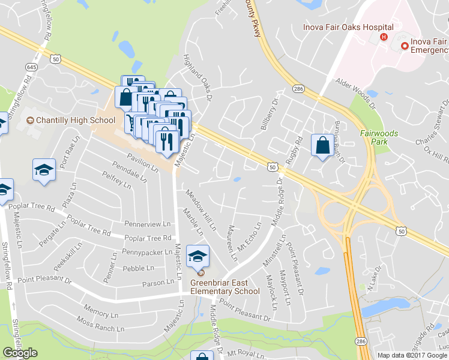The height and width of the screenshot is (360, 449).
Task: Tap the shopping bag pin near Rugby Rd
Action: point(322,146)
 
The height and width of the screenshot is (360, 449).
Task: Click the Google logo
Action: point(20,353)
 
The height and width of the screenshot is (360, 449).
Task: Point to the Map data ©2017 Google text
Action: point(412,355)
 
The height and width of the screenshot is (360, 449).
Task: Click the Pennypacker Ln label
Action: point(148,252)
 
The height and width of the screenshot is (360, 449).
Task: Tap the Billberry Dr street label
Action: point(271,113)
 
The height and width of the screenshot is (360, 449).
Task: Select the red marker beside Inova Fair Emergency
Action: point(405,46)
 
